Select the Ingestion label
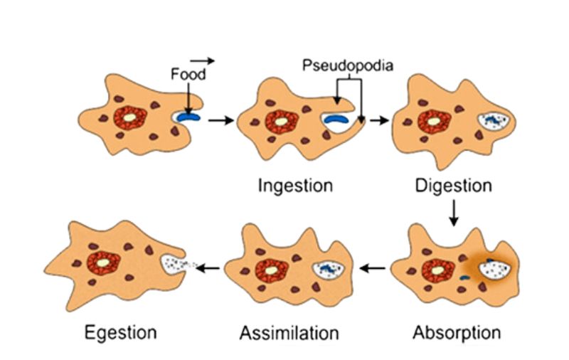coord(296,186)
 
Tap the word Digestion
coord(454,186)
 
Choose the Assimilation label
coord(289,332)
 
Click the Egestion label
coord(120,332)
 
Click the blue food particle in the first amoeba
coord(190,115)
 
